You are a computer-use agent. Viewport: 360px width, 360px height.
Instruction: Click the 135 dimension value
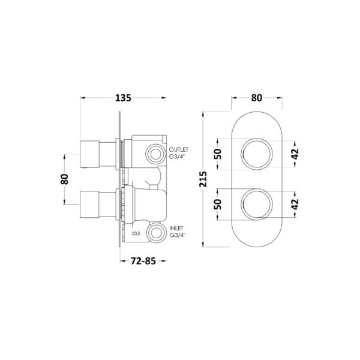(123, 98)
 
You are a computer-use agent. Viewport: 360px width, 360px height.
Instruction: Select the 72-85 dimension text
(143, 261)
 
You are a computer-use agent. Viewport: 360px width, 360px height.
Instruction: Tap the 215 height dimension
(203, 179)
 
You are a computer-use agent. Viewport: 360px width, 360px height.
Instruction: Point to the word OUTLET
(178, 149)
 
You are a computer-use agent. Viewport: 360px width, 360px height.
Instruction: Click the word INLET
(176, 228)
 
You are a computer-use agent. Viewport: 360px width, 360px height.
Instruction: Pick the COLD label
(136, 234)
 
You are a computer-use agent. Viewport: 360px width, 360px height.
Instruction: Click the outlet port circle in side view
(155, 154)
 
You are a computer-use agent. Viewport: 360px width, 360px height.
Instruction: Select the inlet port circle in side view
(156, 232)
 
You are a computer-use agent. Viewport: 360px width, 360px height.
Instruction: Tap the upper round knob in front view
(256, 154)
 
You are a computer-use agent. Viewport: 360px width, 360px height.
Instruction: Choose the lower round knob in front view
(256, 204)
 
